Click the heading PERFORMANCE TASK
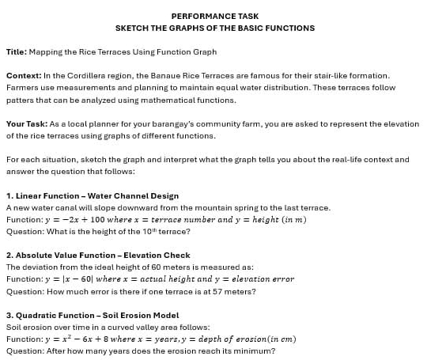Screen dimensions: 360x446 click(x=214, y=16)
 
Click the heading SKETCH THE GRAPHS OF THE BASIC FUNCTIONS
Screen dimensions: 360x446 click(x=214, y=28)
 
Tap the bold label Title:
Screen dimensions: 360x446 click(x=17, y=51)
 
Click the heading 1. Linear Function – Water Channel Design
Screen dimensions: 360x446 click(x=93, y=195)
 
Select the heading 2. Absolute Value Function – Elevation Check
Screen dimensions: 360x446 click(x=98, y=256)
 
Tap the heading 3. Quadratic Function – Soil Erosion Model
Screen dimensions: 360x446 click(x=93, y=315)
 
